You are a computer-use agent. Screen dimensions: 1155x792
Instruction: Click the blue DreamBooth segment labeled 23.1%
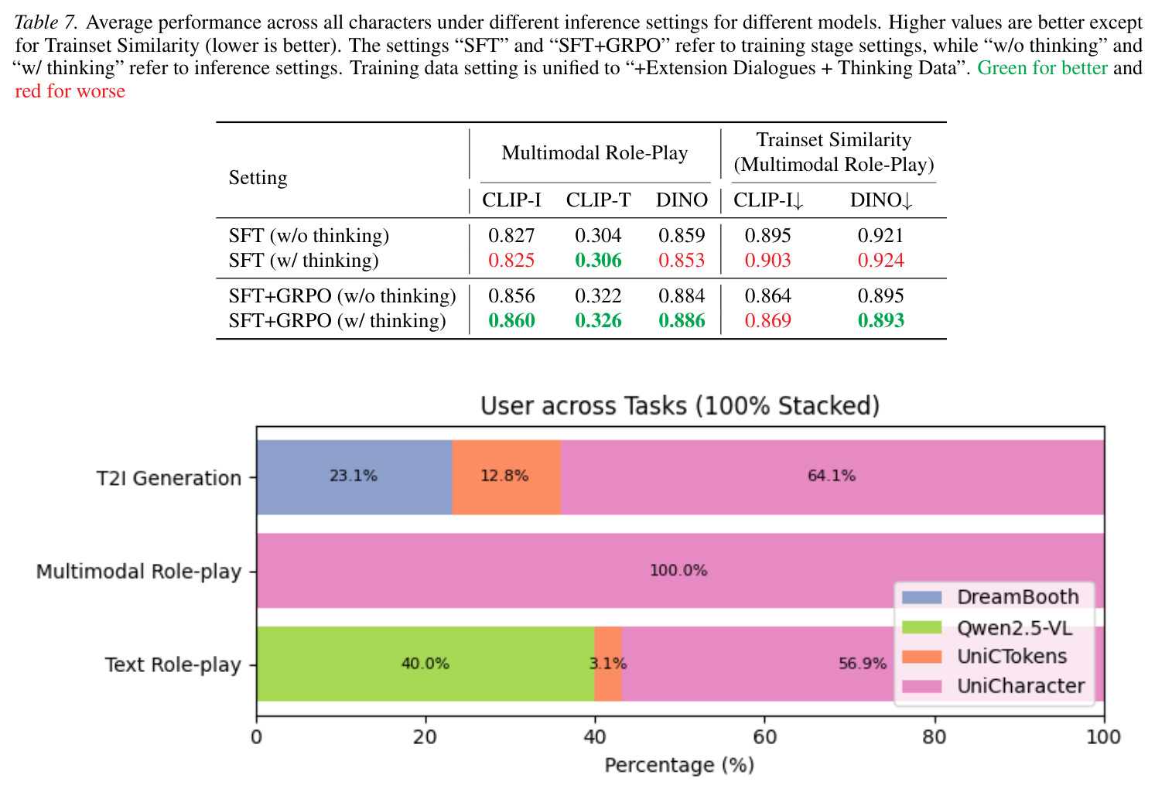[x=354, y=477]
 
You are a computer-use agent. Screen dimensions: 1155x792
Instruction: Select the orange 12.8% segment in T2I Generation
[x=507, y=477]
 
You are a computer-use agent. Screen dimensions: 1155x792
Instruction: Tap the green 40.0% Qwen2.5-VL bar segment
[x=425, y=664]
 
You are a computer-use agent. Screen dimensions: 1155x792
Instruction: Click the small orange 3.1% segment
[x=608, y=664]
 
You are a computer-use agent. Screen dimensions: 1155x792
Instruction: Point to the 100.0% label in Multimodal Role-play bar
[x=678, y=570]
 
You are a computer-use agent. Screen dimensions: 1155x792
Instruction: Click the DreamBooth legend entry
[x=990, y=597]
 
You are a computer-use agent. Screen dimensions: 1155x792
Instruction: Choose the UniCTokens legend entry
[x=984, y=657]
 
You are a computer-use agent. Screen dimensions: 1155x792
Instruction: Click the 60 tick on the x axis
[x=764, y=737]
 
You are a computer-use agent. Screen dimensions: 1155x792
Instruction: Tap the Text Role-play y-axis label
[x=173, y=664]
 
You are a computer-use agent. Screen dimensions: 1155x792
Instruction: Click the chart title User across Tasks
[x=680, y=406]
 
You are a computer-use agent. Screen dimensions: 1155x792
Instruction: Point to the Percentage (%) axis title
[x=679, y=765]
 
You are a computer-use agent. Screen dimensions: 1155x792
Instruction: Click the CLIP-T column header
[x=598, y=200]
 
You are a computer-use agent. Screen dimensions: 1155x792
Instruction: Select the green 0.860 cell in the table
[x=511, y=321]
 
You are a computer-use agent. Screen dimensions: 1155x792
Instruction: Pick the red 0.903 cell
[x=767, y=261]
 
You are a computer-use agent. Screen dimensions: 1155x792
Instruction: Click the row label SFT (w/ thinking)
[x=304, y=261]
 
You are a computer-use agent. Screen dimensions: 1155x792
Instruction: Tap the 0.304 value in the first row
[x=598, y=236]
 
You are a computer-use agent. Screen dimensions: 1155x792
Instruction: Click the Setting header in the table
[x=258, y=178]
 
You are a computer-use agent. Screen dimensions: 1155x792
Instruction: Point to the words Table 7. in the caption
[x=46, y=22]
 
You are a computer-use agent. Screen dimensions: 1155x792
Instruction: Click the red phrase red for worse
[x=70, y=91]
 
